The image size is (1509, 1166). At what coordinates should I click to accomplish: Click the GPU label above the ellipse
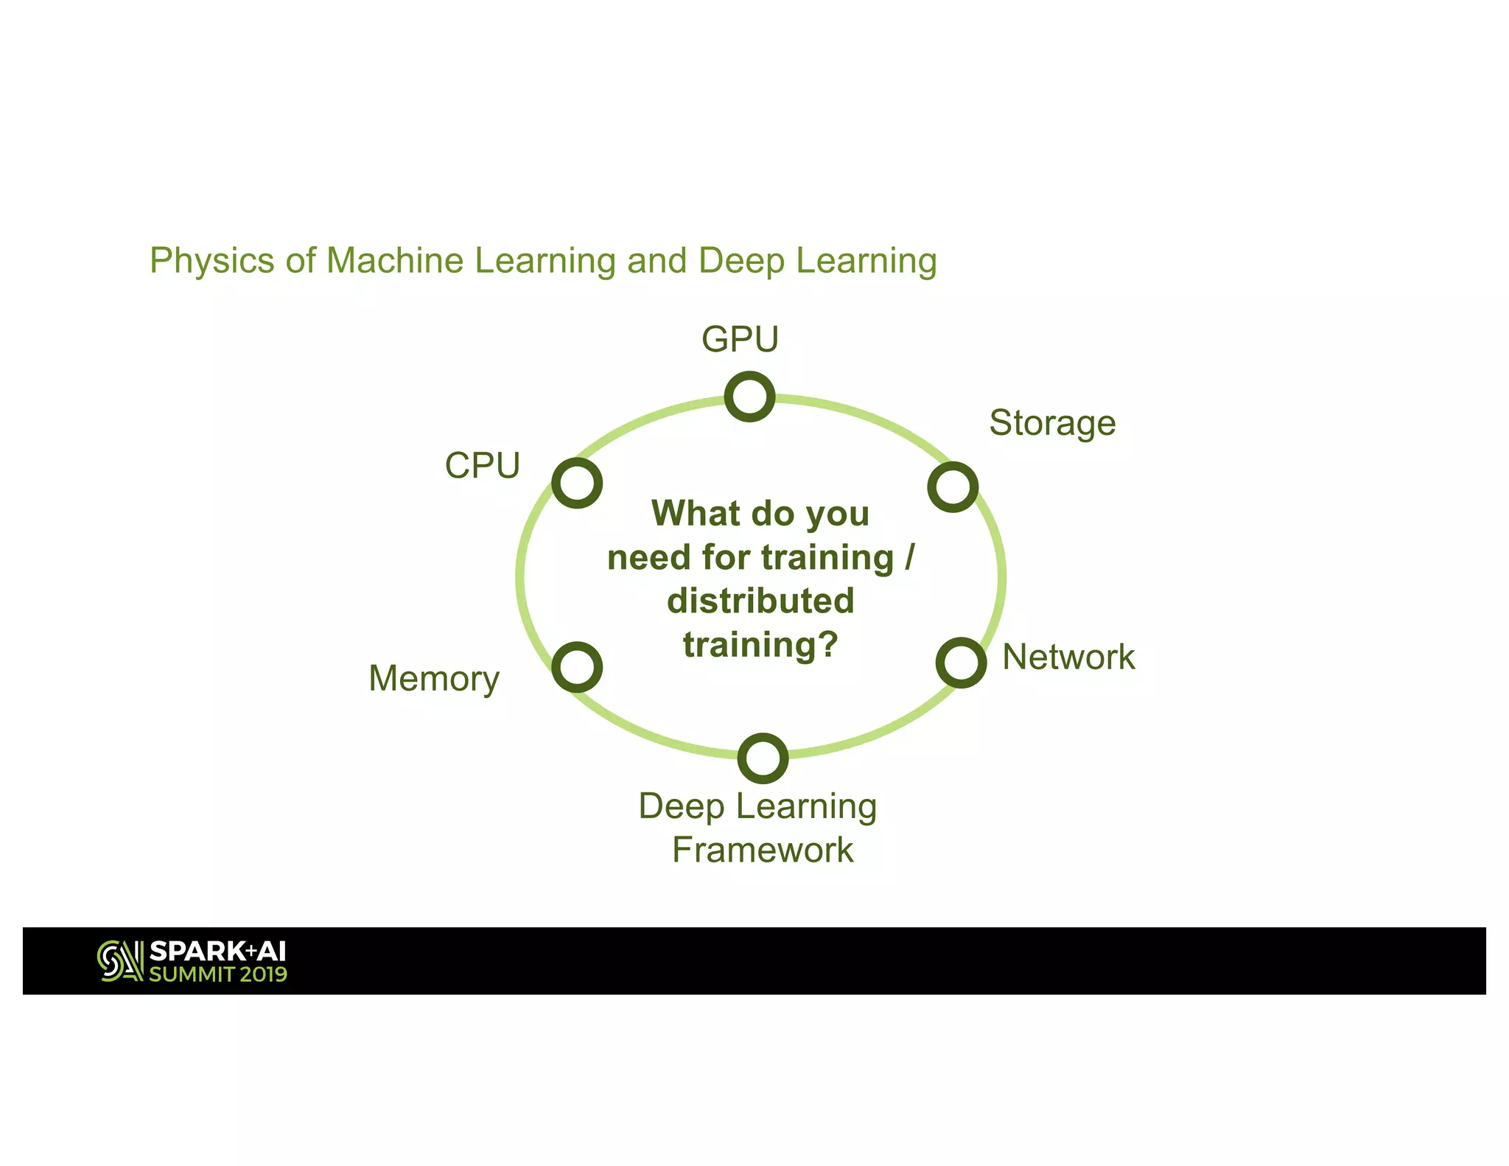tap(740, 340)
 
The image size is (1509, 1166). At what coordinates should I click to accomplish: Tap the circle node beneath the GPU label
tap(749, 397)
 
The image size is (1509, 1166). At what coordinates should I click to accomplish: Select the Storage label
tap(1052, 424)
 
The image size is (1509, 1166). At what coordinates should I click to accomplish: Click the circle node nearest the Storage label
tap(953, 487)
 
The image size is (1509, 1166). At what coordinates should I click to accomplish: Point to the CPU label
tap(483, 466)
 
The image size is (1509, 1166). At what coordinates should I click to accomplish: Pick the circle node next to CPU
tap(577, 483)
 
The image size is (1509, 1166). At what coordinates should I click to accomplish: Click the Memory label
tap(434, 679)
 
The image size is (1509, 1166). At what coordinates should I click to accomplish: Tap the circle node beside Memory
tap(577, 667)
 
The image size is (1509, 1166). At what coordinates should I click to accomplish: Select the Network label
tap(1068, 657)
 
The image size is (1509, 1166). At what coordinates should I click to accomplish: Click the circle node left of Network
tap(961, 663)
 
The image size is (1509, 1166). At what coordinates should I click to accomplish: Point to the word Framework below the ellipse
tap(763, 851)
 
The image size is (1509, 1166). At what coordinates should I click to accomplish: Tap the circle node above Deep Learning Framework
tap(763, 758)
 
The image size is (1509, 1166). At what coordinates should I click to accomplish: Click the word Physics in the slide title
tap(212, 261)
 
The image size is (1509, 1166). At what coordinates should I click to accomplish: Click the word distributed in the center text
tap(760, 601)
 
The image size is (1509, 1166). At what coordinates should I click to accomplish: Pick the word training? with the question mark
tap(760, 645)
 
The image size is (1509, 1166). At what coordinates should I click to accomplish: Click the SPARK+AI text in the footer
tap(217, 952)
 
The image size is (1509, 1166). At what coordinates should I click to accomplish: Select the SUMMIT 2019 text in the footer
tap(218, 974)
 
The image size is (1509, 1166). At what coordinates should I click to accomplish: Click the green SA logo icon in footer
tap(120, 961)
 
